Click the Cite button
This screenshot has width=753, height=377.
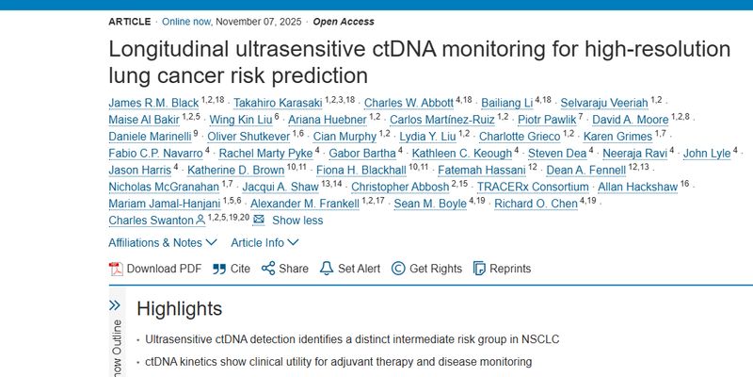click(x=231, y=269)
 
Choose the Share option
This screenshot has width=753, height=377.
click(x=284, y=269)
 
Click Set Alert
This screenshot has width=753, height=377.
click(x=350, y=269)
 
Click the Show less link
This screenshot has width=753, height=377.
click(x=296, y=221)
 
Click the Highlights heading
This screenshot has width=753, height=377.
click(x=180, y=309)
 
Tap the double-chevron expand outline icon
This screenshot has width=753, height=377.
click(x=115, y=305)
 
